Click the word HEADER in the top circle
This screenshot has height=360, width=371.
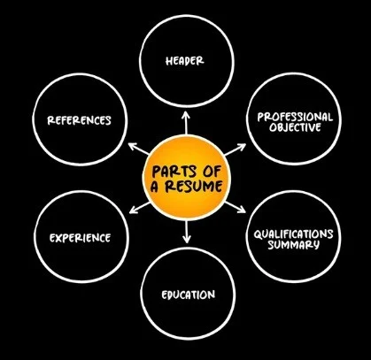[x=184, y=61]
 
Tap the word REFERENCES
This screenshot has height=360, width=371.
[x=79, y=120]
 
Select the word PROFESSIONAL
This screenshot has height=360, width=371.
[x=295, y=117]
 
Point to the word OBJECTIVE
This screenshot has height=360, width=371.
[x=295, y=127]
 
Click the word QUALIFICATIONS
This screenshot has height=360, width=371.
[x=293, y=234]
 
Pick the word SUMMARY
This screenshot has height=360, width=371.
[x=293, y=245]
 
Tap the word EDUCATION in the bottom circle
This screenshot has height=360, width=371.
[x=188, y=295]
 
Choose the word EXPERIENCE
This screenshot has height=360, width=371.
[x=80, y=238]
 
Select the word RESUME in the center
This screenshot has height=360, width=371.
[x=193, y=187]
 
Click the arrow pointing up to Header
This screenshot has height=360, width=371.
[x=186, y=123]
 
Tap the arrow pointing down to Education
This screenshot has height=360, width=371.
[x=186, y=232]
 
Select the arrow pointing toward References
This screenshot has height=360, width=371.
[x=138, y=149]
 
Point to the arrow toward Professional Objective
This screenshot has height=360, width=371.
[x=235, y=149]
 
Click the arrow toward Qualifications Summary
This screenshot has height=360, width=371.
[x=235, y=207]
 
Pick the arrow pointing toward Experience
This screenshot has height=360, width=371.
[x=140, y=208]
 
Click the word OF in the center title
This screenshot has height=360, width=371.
[x=212, y=172]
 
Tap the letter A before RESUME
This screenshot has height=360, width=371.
[x=155, y=187]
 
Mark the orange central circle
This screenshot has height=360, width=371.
[x=186, y=178]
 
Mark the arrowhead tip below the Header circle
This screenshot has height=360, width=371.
[x=186, y=111]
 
